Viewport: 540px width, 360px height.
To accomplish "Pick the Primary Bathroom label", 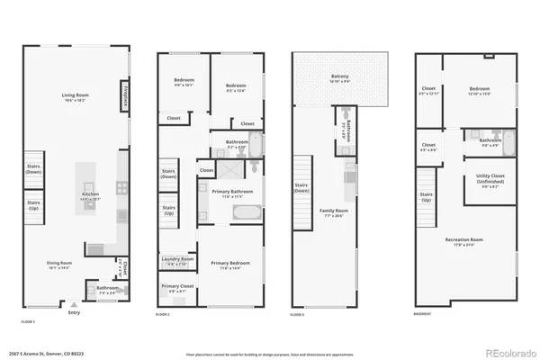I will [231, 193].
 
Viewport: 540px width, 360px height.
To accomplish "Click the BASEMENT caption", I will [423, 314].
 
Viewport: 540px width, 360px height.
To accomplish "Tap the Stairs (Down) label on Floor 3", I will [301, 188].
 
